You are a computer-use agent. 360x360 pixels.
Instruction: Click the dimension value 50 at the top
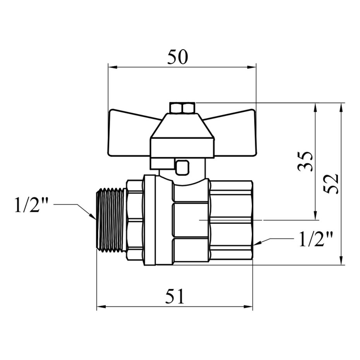(177, 57)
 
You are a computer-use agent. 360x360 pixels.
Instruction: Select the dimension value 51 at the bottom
(175, 296)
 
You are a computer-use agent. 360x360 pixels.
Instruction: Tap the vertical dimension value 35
(305, 161)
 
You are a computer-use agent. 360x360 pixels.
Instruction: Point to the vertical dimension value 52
(331, 183)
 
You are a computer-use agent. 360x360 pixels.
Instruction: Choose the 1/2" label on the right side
(316, 239)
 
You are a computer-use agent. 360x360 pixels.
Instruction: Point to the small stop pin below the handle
(183, 167)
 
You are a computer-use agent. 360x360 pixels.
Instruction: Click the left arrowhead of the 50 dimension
(113, 67)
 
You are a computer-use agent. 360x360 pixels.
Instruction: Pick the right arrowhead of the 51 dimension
(248, 307)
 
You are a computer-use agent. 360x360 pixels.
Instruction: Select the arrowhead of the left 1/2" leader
(93, 216)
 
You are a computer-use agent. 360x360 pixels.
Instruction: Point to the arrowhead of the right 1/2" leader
(257, 243)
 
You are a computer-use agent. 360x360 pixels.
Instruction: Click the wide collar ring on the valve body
(150, 220)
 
